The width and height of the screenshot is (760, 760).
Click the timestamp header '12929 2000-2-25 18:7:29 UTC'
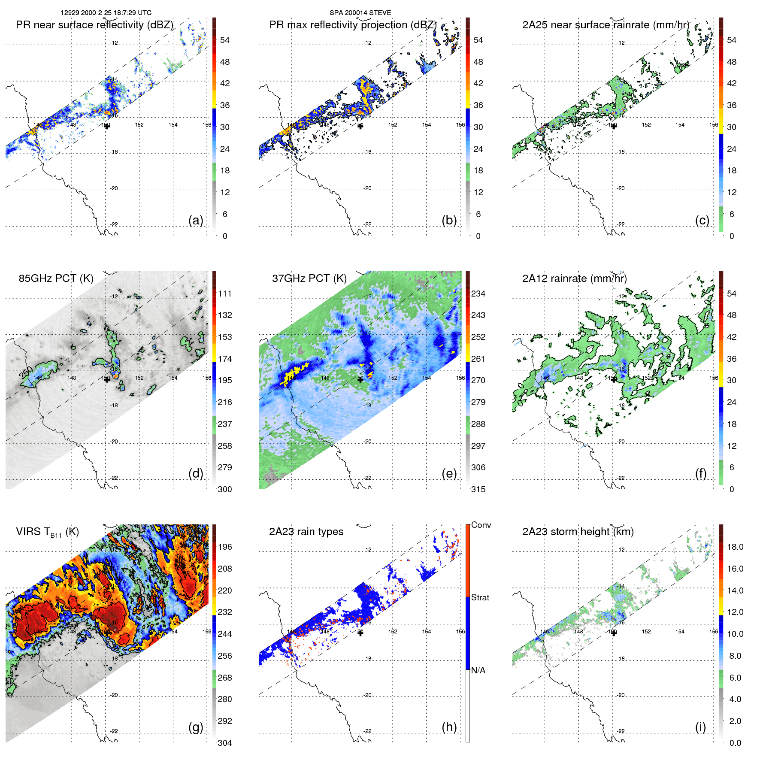point(106,13)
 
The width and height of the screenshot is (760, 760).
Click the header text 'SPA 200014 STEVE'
point(360,13)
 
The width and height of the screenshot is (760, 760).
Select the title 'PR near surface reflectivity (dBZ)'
point(94,25)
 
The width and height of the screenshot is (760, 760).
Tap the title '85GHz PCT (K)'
point(56,279)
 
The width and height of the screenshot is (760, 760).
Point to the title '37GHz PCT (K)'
point(309,279)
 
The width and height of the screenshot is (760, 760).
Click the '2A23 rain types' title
point(306,532)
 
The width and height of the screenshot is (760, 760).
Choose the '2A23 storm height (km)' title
point(578,532)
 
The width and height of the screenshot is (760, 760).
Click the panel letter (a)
point(196,220)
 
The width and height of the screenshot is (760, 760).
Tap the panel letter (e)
point(449,473)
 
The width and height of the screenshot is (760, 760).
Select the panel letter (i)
point(700,727)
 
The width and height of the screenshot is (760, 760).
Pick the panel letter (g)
point(196,727)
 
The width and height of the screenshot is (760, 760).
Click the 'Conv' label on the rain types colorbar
point(481,525)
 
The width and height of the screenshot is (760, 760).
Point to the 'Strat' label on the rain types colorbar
point(480,597)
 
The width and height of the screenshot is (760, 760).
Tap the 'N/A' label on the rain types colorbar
point(478,670)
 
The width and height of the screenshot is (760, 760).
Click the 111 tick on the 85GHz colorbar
point(224,294)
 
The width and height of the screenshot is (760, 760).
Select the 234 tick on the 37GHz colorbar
point(478,294)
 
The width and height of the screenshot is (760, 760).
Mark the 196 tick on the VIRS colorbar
point(224,547)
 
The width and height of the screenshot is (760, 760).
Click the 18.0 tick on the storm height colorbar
point(735,547)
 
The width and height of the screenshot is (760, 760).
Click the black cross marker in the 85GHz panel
point(107,379)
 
